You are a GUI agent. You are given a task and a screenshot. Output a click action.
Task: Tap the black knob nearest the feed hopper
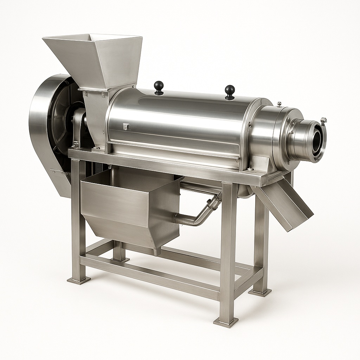click(x=159, y=86)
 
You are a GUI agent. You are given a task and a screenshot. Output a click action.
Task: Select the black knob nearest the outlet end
click(x=230, y=91)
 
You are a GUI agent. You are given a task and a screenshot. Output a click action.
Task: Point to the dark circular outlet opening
click(x=316, y=139)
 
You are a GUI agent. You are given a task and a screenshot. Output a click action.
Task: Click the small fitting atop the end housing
click(x=279, y=104)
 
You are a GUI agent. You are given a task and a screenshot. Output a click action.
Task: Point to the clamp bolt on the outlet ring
click(x=323, y=121)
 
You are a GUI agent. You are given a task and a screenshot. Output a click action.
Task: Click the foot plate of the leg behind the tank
click(x=120, y=259)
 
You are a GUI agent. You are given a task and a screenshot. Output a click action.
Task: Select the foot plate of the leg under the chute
click(x=260, y=292)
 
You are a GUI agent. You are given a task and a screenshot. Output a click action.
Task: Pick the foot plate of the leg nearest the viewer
click(x=225, y=321)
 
